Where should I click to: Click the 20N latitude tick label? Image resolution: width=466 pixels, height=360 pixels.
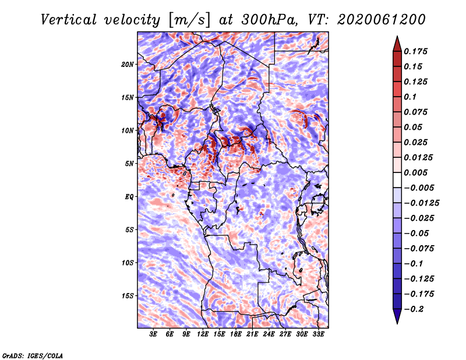[128, 65]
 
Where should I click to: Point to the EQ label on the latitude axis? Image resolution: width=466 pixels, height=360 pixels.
[129, 197]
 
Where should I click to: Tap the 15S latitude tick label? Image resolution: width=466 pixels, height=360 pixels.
[128, 296]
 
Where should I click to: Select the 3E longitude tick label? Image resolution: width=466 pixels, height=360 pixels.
[153, 334]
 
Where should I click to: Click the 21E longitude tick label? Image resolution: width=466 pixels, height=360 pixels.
[252, 334]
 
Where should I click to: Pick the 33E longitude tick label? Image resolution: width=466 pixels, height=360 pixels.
[318, 334]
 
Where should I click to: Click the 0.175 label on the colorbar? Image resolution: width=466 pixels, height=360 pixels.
[415, 51]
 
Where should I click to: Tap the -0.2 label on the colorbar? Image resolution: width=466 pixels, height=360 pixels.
[414, 309]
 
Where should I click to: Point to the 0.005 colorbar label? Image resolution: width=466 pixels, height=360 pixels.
[415, 172]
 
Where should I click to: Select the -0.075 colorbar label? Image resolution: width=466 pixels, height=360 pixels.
[419, 249]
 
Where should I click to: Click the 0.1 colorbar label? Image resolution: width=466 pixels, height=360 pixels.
[410, 97]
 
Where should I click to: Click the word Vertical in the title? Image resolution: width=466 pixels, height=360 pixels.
[69, 20]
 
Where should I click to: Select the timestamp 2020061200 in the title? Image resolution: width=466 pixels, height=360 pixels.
[382, 20]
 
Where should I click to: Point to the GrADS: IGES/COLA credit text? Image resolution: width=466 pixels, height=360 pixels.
[33, 355]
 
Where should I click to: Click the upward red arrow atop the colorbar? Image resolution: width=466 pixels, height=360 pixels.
[397, 44]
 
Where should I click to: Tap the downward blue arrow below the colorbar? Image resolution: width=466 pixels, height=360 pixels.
[397, 316]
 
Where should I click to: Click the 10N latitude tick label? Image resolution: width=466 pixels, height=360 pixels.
[128, 130]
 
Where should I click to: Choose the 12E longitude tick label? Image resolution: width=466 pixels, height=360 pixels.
[203, 334]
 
